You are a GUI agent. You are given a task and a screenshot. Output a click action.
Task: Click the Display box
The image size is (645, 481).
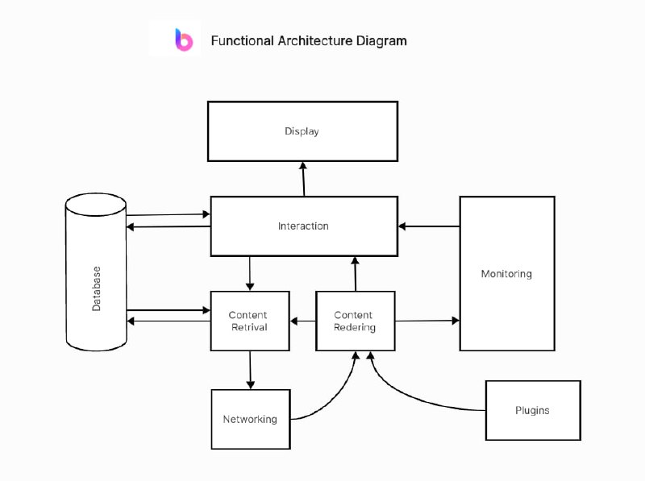302,131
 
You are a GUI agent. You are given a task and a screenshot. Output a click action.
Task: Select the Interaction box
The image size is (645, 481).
303,226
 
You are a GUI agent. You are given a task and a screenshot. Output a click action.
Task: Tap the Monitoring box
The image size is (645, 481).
506,274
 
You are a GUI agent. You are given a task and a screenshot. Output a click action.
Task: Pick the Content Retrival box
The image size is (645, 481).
249,321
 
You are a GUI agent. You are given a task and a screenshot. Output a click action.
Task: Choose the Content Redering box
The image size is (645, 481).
355,321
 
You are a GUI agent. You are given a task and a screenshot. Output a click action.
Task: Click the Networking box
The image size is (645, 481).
250,419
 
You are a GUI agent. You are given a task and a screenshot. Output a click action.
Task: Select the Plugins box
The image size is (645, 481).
532,410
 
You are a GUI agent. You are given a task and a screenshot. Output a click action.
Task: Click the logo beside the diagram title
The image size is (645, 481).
184,39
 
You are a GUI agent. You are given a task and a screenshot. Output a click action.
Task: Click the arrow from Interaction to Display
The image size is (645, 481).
304,179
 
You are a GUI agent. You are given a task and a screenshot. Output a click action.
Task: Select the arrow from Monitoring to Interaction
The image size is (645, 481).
429,226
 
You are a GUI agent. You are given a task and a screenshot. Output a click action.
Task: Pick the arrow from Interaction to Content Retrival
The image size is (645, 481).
250,274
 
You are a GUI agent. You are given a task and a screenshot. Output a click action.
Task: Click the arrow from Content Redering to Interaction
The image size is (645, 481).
355,274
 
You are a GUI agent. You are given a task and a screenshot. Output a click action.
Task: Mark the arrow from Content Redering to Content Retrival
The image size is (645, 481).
302,321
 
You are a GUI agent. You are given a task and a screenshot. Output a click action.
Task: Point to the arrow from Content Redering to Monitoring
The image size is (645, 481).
427,321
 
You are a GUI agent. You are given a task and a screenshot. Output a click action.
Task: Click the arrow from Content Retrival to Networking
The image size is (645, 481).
250,370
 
